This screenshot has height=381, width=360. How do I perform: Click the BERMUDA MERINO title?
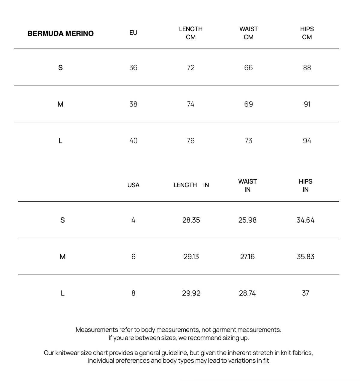tap(61, 33)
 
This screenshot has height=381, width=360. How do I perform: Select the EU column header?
tap(133, 33)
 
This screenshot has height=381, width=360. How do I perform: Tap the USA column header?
tap(133, 185)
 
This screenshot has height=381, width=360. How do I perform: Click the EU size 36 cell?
tap(133, 67)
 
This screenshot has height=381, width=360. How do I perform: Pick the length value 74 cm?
tap(190, 104)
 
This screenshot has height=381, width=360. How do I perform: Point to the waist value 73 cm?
tap(248, 141)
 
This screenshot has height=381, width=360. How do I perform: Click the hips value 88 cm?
tap(307, 67)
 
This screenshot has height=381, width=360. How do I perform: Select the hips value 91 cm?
tap(307, 104)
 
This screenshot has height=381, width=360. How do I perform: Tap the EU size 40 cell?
tap(133, 141)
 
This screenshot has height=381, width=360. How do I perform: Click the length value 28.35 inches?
tap(191, 220)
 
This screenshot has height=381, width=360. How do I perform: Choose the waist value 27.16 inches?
tap(247, 257)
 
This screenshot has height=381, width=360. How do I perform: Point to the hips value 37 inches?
tap(305, 293)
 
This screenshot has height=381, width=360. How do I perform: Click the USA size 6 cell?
tap(133, 257)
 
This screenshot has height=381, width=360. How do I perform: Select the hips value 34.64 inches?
tap(305, 220)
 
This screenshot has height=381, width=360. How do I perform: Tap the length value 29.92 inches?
tap(191, 293)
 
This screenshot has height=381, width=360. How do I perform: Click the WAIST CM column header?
tap(248, 33)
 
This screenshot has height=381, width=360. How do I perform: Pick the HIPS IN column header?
tap(305, 185)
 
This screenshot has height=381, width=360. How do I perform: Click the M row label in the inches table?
tap(62, 257)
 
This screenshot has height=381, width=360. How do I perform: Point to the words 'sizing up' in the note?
tap(235, 338)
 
